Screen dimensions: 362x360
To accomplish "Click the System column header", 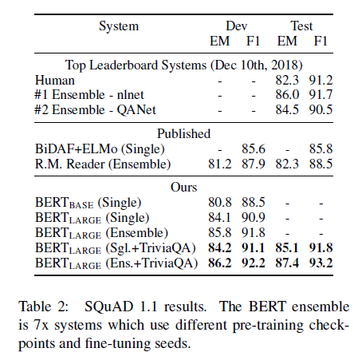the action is (x=119, y=27).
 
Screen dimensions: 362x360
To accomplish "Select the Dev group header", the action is (x=236, y=26).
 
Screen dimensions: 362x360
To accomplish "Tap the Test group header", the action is (x=301, y=26).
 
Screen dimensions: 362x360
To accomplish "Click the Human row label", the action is (x=55, y=81).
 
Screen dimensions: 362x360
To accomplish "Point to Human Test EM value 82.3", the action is (x=287, y=81).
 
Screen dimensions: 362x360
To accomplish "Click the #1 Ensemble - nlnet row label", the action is (x=89, y=95).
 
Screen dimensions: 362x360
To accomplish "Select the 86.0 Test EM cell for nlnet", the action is (x=287, y=95).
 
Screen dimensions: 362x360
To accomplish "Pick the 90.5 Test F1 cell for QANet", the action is (x=321, y=109).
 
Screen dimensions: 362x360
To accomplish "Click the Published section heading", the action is (x=183, y=133).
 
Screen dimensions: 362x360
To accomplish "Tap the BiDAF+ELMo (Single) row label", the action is (x=100, y=149).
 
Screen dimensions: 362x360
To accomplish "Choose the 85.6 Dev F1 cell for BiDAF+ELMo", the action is (x=254, y=149).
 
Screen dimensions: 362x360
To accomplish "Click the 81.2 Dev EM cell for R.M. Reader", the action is (x=220, y=164).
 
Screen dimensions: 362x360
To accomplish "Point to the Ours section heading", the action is (x=183, y=188).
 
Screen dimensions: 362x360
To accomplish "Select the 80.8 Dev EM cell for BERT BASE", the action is (x=220, y=203).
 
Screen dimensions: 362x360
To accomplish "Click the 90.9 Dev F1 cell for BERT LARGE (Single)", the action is (x=254, y=218).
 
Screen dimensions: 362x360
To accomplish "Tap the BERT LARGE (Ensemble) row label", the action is (x=101, y=233).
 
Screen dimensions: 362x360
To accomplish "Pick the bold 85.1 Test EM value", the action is (x=287, y=248).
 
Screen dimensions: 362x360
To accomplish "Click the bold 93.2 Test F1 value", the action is (x=321, y=263).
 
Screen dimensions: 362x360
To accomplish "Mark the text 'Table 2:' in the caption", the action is (x=43, y=307).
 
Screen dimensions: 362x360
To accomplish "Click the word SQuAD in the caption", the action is (x=108, y=307).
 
